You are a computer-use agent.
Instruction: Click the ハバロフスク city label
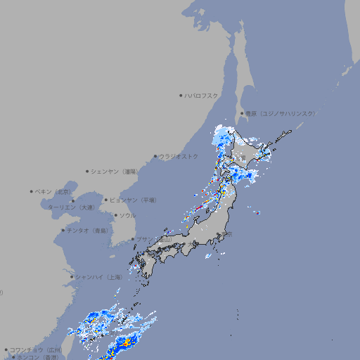tap(201, 96)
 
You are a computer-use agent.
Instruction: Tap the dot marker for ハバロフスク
tap(181, 96)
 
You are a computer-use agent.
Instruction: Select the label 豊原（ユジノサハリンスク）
tap(280, 113)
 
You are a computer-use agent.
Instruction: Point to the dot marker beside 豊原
tap(242, 113)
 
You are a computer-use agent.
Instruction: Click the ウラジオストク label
tap(179, 156)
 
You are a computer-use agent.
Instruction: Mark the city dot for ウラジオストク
tap(155, 156)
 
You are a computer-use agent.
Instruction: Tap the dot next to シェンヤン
tap(88, 171)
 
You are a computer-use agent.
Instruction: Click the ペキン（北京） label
tap(53, 191)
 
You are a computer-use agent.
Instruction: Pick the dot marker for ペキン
tap(32, 191)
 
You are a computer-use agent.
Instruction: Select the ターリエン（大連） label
tap(71, 208)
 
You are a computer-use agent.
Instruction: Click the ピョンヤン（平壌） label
tap(133, 200)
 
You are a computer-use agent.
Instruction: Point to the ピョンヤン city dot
tap(106, 200)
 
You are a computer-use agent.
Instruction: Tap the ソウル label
tap(127, 215)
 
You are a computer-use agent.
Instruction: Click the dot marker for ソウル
tap(115, 215)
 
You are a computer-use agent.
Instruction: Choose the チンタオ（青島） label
tap(87, 230)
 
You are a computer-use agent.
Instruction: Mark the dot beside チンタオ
tap(63, 230)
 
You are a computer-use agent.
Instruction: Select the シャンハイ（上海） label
tap(98, 277)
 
